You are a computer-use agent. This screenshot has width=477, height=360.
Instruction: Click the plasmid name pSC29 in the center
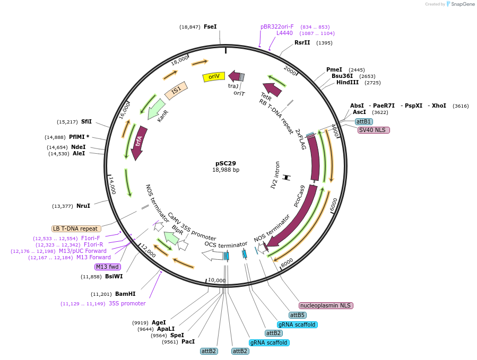226,163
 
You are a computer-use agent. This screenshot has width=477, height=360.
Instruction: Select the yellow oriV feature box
214,77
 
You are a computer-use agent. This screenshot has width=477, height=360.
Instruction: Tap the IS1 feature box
176,91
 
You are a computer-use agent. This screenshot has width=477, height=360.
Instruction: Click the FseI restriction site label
210,27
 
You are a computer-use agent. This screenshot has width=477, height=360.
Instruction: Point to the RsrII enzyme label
302,42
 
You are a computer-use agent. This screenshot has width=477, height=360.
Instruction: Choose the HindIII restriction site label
348,82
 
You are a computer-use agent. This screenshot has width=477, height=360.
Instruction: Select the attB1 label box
363,122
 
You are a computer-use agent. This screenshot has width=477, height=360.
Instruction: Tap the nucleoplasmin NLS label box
326,305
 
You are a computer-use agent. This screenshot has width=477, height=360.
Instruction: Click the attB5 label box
297,315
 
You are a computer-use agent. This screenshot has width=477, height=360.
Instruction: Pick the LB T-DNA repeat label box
76,229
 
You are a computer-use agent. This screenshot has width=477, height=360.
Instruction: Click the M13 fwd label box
108,267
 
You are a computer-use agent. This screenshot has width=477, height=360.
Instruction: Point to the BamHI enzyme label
125,294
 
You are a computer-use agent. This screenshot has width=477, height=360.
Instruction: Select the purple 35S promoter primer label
127,303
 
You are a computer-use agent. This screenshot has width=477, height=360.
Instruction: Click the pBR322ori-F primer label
277,27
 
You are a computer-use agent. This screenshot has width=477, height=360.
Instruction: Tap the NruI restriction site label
83,206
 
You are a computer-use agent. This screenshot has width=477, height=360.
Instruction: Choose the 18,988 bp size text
226,170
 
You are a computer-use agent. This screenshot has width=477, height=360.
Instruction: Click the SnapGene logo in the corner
461,4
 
